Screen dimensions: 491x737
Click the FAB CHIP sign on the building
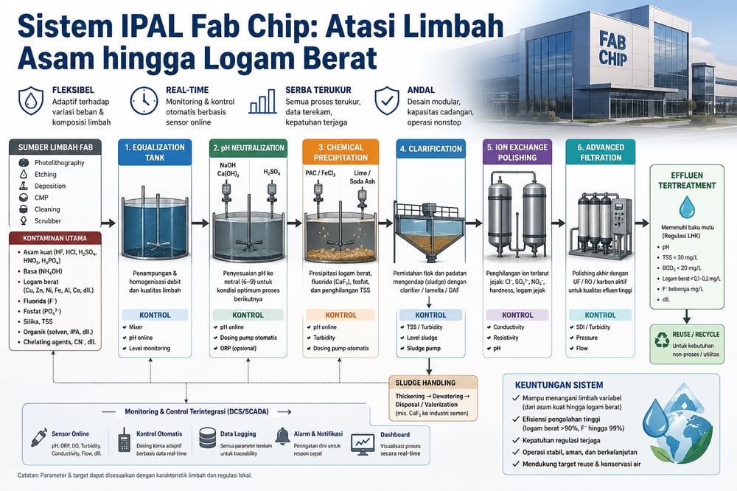pos(613,47)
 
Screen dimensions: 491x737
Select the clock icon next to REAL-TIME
pos(144,100)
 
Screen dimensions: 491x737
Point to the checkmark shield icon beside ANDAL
pos(388,100)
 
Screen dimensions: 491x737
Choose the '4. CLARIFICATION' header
pos(431,147)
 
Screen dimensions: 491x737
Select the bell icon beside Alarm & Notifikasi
pos(282,436)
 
